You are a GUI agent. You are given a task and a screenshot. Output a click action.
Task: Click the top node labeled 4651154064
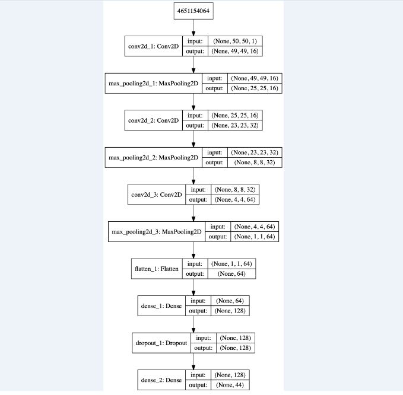click(193, 11)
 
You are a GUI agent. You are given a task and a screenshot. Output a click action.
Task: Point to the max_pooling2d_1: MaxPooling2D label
click(153, 84)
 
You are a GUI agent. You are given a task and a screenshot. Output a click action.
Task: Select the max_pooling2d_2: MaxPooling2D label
click(153, 157)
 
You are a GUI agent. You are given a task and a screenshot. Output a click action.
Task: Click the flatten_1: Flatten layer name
click(157, 268)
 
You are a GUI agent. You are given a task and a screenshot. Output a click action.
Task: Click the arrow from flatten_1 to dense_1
click(193, 286)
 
